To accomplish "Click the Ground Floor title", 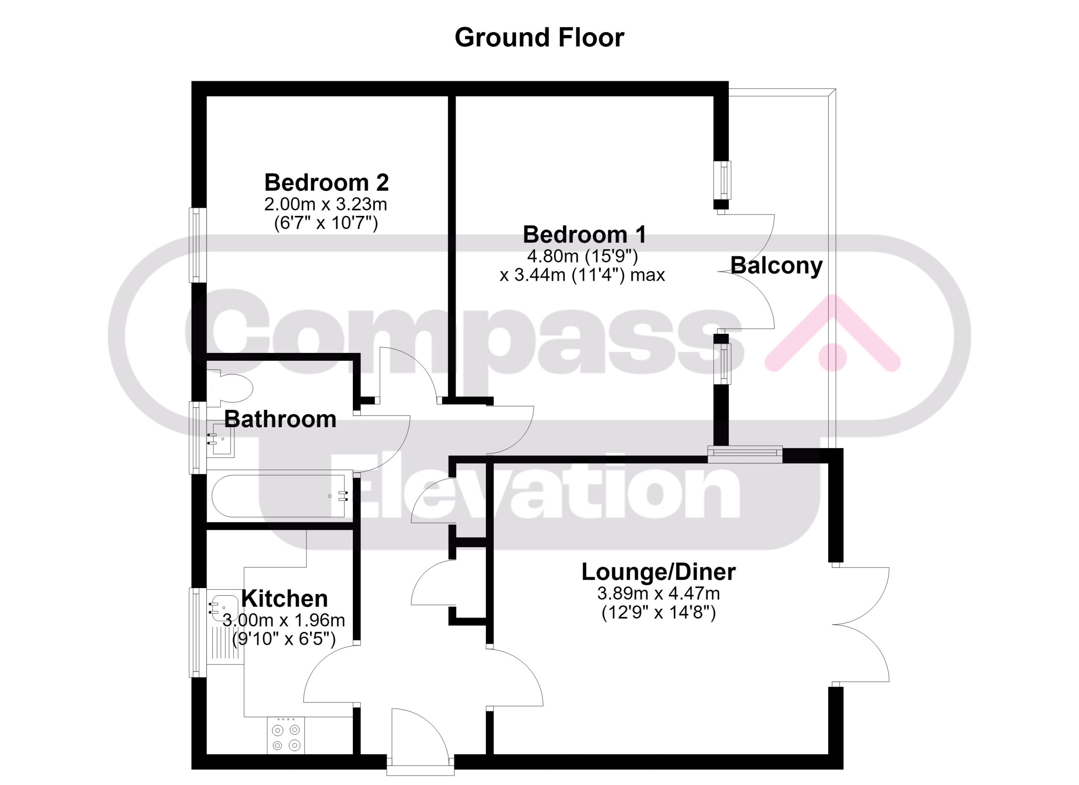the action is [539, 38].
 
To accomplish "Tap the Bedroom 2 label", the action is [326, 182].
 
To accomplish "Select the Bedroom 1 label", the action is [585, 234].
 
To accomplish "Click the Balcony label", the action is [776, 266].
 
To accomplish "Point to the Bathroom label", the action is [280, 419].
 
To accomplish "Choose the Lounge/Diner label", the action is [658, 572].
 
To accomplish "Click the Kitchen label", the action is [285, 599].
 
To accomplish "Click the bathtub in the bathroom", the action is [280, 496].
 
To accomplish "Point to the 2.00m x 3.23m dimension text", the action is [326, 204].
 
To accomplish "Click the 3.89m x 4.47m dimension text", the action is [658, 594].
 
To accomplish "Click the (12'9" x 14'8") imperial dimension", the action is [658, 613].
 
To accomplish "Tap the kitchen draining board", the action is [226, 645].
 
